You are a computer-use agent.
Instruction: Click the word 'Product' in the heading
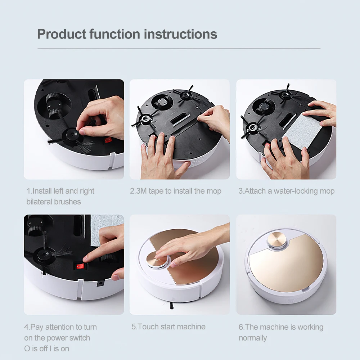pos(61,34)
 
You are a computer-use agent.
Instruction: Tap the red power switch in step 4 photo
pos(79,266)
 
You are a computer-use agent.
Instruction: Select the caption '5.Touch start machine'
pos(168,327)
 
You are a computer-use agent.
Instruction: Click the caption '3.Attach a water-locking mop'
pos(286,191)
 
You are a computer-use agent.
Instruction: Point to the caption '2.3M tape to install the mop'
pos(175,191)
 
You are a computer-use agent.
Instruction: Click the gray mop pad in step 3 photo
pos(302,131)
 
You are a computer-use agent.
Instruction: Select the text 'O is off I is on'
pos(46,348)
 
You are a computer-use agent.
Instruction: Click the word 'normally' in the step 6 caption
pos(253,338)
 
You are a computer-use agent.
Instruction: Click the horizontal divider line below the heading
pos(179,48)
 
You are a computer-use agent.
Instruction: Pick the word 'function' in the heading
pos(115,34)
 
